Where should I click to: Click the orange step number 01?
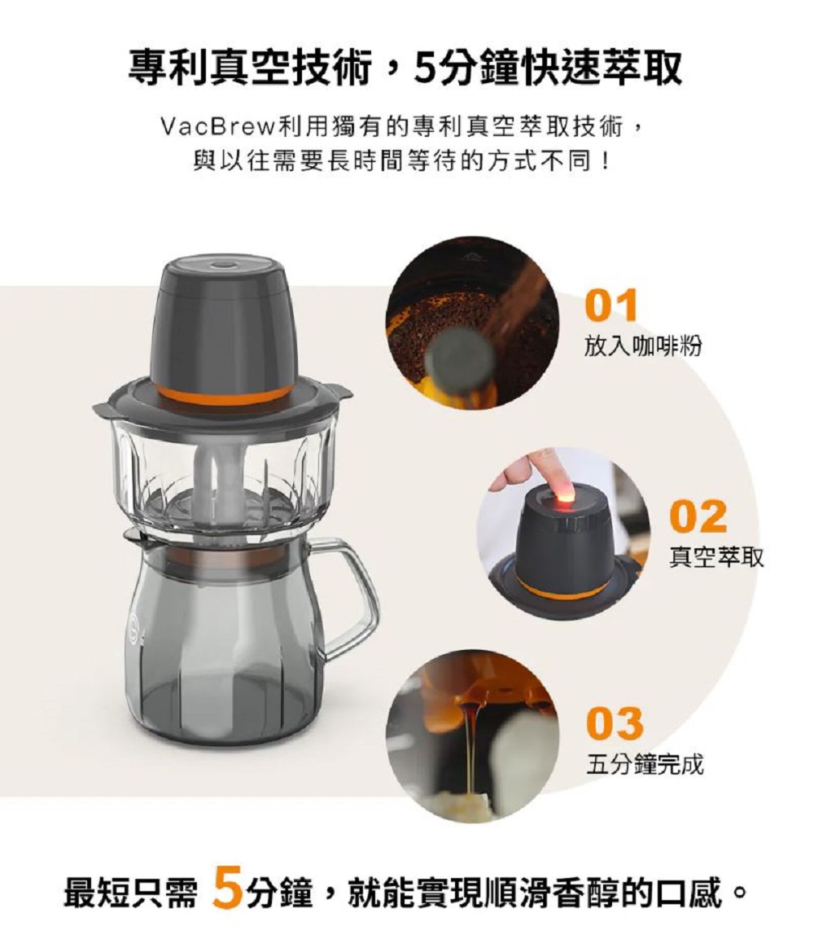click(610, 305)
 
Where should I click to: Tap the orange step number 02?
click(698, 516)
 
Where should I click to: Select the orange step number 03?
click(615, 723)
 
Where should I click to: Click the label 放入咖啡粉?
click(643, 345)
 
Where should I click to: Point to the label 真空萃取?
click(716, 556)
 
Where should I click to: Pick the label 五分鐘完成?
click(645, 764)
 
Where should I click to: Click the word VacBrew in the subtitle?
click(218, 127)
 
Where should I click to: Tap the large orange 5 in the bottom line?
click(227, 887)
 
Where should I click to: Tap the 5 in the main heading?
click(424, 68)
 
